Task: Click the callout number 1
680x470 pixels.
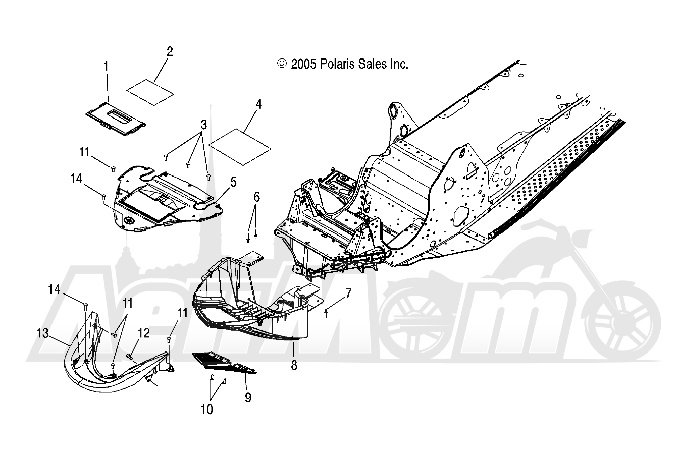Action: click(x=106, y=65)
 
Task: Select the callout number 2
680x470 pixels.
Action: click(x=170, y=51)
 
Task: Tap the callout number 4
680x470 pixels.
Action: click(x=258, y=105)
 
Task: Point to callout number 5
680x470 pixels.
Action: click(x=234, y=182)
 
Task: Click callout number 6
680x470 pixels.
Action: click(x=256, y=197)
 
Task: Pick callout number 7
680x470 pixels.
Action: click(x=348, y=292)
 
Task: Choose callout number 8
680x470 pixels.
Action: click(x=294, y=365)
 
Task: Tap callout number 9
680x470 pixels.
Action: click(x=248, y=397)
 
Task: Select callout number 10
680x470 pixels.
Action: click(x=207, y=409)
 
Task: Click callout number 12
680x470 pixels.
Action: click(x=144, y=333)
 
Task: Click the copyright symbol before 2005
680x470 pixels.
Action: click(x=282, y=64)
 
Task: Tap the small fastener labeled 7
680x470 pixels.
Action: click(x=327, y=314)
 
